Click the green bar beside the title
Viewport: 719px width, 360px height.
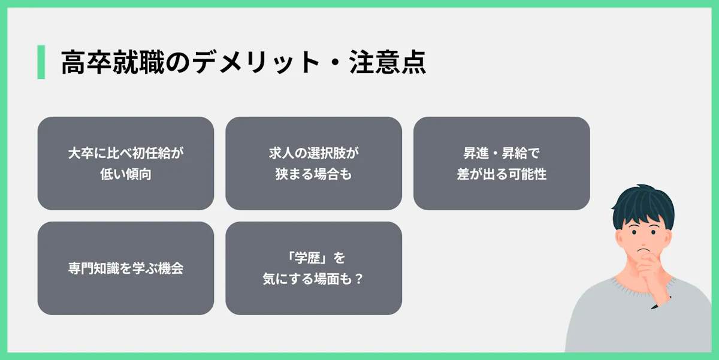41,62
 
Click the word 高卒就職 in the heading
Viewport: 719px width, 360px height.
113,62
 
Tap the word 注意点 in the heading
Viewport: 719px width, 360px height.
388,62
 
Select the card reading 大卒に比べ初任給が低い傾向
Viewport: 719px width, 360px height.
126,164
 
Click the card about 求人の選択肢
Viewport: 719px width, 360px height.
313,164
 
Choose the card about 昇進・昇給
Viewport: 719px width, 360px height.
502,164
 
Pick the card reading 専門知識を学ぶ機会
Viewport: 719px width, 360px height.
126,268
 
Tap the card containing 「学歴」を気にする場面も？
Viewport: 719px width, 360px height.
313,268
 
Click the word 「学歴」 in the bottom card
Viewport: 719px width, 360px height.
307,258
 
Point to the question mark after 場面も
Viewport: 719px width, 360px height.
359,279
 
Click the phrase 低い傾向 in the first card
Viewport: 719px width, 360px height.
126,174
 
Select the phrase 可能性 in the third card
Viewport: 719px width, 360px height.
527,174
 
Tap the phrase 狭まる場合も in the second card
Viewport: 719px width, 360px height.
313,174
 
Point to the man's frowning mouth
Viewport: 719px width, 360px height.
643,250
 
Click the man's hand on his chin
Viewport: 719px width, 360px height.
651,273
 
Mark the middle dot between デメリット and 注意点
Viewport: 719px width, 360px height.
334,62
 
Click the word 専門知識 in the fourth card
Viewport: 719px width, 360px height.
93,268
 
